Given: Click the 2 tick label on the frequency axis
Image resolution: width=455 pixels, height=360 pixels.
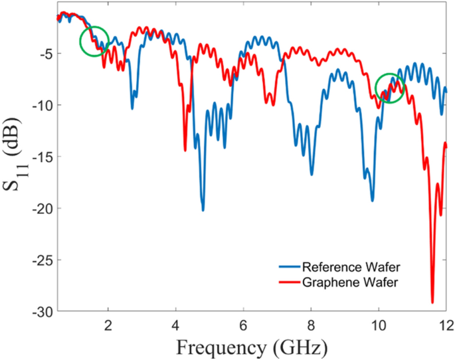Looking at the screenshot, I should pos(108,325).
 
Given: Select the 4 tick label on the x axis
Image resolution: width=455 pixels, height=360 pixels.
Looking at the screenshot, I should pos(175,325).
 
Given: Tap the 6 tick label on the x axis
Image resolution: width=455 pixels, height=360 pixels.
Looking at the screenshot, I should pos(243,325).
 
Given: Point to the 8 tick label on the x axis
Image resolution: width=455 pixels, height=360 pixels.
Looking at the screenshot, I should pos(311,325).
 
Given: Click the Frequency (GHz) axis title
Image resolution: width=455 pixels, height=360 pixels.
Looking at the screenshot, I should pos(252,347).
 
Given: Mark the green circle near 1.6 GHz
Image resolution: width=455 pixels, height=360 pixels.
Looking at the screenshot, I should pos(94,41).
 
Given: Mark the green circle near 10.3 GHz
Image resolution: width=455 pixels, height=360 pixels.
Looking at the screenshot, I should pos(390,88).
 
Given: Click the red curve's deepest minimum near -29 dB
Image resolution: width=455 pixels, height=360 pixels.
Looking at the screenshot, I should pos(432,302).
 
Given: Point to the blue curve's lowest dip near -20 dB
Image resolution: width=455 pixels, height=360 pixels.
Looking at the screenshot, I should pos(203,210).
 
